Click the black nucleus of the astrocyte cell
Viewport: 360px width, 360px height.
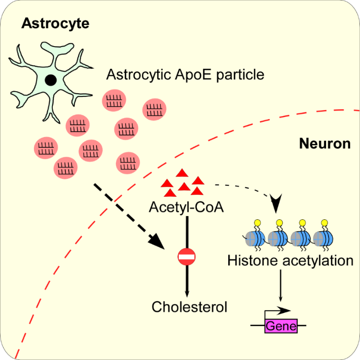coord(50,81)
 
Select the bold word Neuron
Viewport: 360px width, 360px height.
coord(325,144)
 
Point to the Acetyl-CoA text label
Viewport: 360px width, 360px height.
coord(187,207)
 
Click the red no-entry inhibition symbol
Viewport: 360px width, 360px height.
coord(187,257)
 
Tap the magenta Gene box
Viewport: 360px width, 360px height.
coord(281,326)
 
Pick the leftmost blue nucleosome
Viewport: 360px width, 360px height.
coord(257,239)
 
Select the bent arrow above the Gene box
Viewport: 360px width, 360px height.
coord(278,311)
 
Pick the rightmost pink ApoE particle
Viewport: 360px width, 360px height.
coord(154,109)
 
